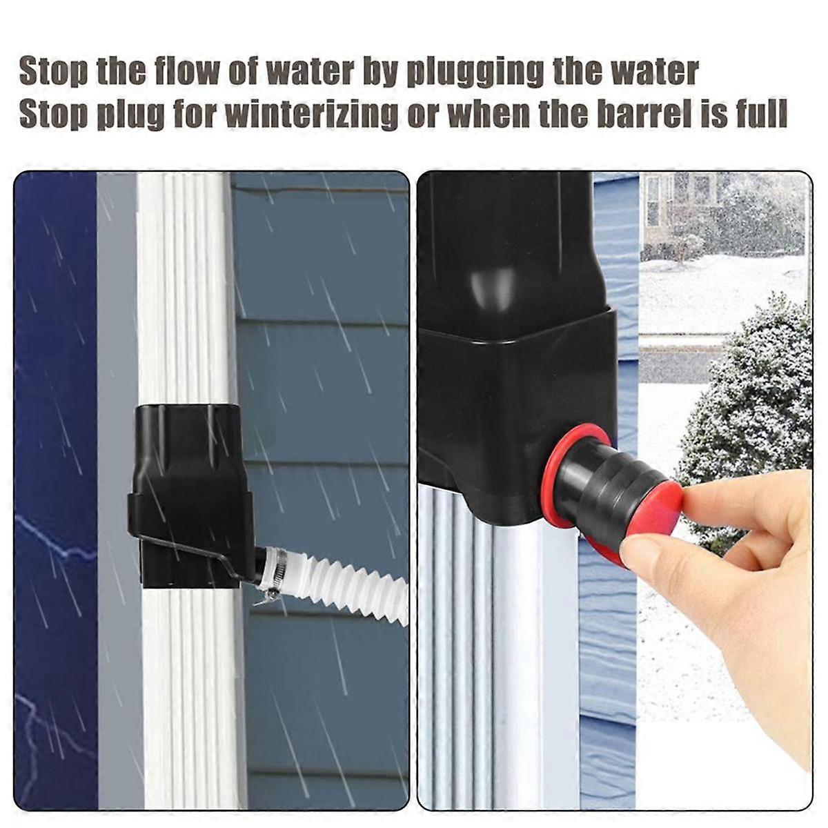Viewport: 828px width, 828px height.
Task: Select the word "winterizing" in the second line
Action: (x=311, y=115)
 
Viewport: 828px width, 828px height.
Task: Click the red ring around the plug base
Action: (x=573, y=442)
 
